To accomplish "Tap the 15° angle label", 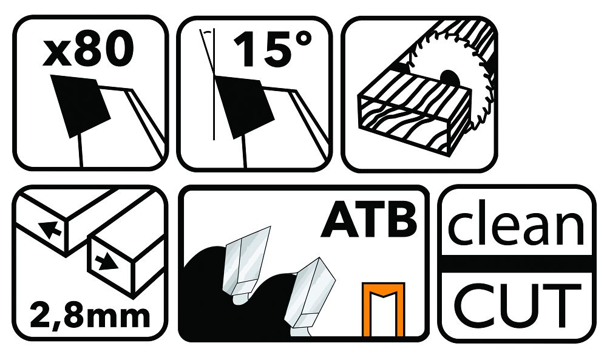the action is click(272, 50).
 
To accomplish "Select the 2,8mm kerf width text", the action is click(90, 316).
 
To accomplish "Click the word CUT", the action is click(517, 305).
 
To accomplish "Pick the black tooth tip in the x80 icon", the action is click(81, 106).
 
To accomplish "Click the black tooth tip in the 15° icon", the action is click(245, 107).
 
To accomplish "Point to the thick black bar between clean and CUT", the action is click(517, 264).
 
